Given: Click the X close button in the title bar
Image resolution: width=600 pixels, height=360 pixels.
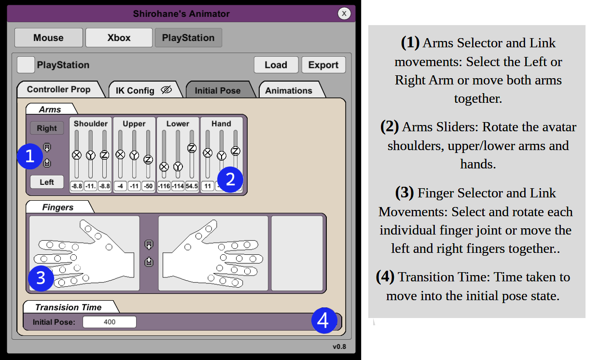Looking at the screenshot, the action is click(344, 14).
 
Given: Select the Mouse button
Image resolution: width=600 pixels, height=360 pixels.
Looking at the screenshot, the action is click(48, 38).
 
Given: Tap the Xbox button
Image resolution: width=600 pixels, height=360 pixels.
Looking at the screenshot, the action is click(119, 38).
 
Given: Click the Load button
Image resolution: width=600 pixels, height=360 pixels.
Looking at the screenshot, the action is click(276, 65).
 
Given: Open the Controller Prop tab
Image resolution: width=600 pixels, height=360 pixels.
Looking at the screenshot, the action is click(59, 89).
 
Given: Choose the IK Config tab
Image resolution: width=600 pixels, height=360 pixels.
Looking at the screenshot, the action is click(145, 90).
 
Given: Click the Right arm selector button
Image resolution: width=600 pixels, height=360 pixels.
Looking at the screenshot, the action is click(47, 128).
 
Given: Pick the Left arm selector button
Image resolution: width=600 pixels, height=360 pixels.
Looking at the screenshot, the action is click(47, 182).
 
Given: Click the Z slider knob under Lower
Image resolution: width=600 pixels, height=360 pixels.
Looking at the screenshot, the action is click(192, 148).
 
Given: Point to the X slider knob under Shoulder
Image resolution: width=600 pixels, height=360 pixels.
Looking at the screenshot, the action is click(77, 155).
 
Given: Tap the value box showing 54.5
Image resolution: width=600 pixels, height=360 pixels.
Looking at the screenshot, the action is click(192, 186).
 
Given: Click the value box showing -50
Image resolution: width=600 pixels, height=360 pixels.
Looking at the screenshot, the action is click(148, 186).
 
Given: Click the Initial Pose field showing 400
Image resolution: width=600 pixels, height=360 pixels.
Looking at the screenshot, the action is click(110, 322).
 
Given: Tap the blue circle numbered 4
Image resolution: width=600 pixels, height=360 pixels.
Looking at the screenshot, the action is click(324, 320).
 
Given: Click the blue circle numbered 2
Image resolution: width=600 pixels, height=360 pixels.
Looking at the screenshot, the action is click(230, 180).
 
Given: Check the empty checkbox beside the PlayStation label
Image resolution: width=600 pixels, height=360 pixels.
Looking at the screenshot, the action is click(26, 65).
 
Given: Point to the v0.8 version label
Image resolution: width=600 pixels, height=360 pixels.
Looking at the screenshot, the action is click(339, 347).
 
